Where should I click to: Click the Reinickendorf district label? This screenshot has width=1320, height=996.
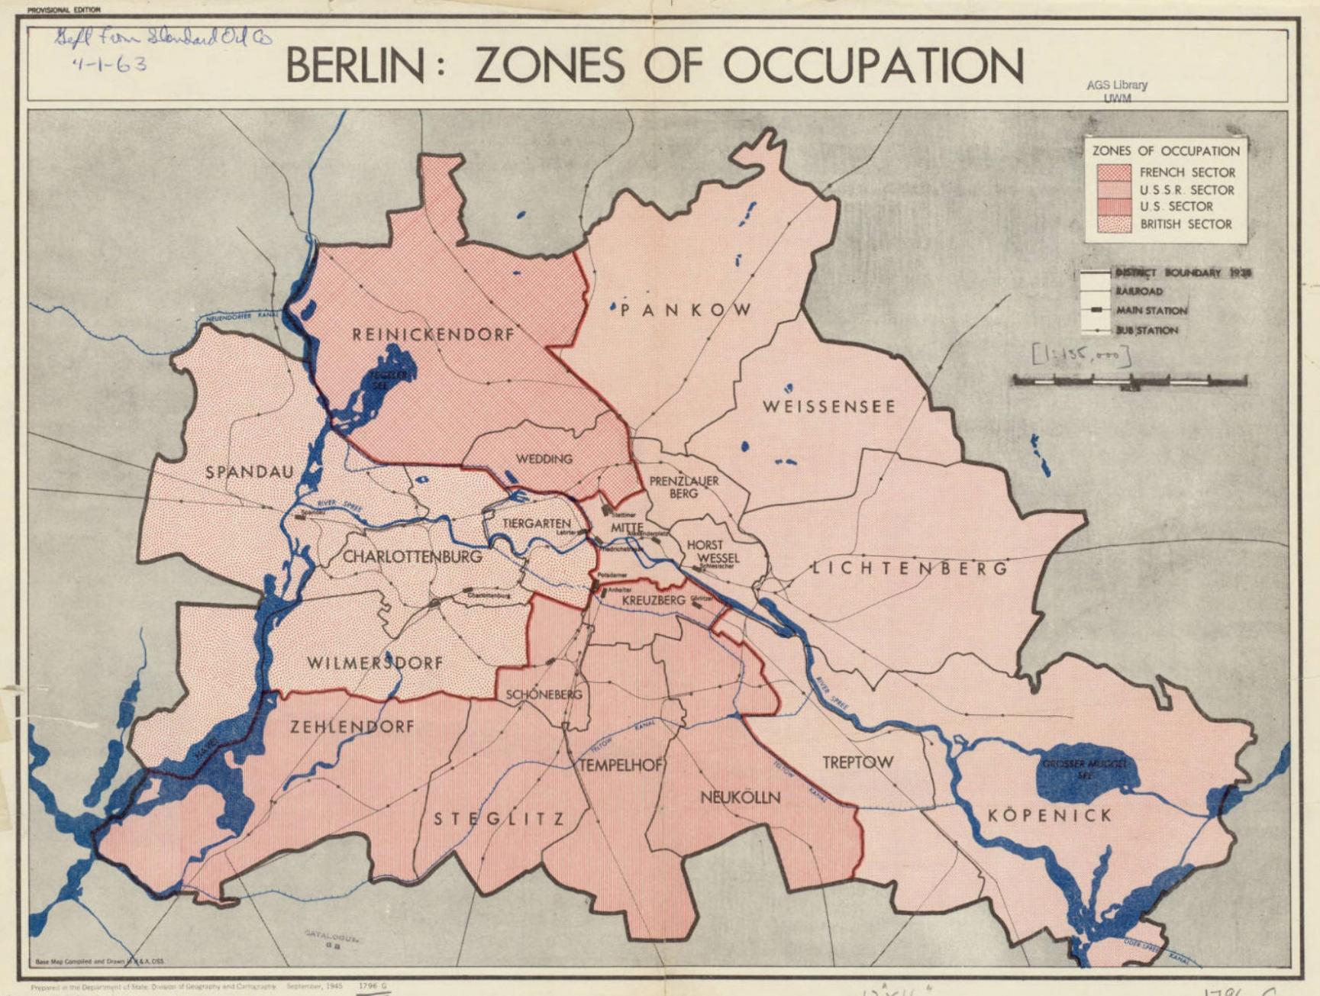(x=433, y=334)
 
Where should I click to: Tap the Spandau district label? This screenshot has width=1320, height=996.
(x=250, y=472)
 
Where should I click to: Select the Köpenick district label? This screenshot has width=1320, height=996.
(x=1050, y=815)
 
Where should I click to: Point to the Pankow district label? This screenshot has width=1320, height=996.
(x=686, y=309)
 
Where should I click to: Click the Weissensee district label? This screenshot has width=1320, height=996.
(x=828, y=407)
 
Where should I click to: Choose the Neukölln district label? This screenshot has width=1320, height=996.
(x=740, y=798)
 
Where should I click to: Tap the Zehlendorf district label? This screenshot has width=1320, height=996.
(x=352, y=727)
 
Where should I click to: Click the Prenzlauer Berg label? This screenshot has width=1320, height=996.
(x=683, y=487)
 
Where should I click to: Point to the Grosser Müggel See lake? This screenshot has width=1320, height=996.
(x=1084, y=767)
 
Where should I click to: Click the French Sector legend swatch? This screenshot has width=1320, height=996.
(x=1113, y=172)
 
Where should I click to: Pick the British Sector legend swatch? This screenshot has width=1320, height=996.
(x=1113, y=224)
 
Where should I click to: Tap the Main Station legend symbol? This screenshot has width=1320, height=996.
(x=1097, y=310)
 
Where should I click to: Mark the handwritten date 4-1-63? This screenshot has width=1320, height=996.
(x=109, y=64)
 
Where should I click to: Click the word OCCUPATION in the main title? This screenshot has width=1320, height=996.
(x=873, y=66)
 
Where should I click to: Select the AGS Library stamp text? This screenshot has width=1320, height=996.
(x=1116, y=86)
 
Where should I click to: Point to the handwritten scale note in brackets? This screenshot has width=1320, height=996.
(x=1080, y=355)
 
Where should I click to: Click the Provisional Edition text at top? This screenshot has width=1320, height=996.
(x=63, y=10)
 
